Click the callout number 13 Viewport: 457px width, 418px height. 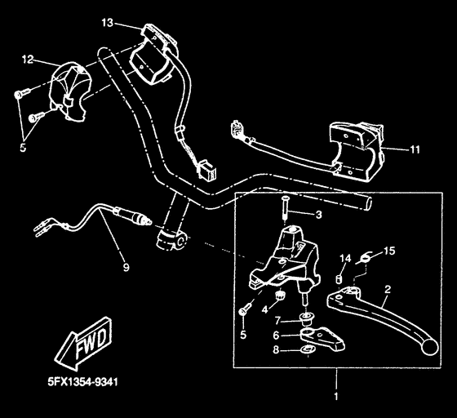(x=107, y=23)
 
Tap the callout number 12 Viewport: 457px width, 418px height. (x=28, y=60)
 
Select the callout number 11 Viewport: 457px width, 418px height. (x=415, y=149)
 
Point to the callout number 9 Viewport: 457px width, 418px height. (x=126, y=267)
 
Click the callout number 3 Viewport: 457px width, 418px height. (x=319, y=215)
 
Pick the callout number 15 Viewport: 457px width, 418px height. (x=390, y=251)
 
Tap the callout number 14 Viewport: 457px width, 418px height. (x=345, y=258)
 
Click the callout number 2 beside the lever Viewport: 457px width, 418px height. (x=388, y=290)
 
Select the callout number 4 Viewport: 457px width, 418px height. (x=264, y=309)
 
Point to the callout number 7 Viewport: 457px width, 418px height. (x=277, y=321)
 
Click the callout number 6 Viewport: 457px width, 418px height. (x=276, y=336)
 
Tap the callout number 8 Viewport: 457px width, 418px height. (x=276, y=349)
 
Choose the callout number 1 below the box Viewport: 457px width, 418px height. (x=336, y=397)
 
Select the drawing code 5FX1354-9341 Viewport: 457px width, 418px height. (x=83, y=381)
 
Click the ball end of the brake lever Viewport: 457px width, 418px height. (x=431, y=347)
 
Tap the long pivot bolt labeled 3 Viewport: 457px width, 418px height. (x=285, y=209)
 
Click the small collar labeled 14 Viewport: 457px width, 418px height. (x=339, y=278)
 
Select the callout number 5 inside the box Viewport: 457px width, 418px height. (x=243, y=335)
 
